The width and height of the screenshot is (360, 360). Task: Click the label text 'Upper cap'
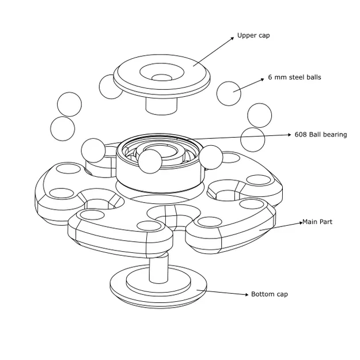tap(253, 36)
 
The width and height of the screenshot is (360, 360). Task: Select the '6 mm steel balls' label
tap(294, 77)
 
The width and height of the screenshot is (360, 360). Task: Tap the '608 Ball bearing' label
tap(320, 135)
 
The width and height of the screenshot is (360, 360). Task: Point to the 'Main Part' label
tap(317, 222)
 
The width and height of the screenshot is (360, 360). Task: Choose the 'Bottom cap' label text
tap(269, 294)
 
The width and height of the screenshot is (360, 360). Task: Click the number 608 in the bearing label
tap(300, 135)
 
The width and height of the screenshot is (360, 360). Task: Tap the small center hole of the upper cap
tap(162, 77)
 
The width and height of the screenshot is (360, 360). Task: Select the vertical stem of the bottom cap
tap(158, 268)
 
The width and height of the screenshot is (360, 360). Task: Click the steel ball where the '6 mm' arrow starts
tap(229, 93)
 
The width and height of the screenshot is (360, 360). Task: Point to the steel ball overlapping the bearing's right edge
tap(211, 157)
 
